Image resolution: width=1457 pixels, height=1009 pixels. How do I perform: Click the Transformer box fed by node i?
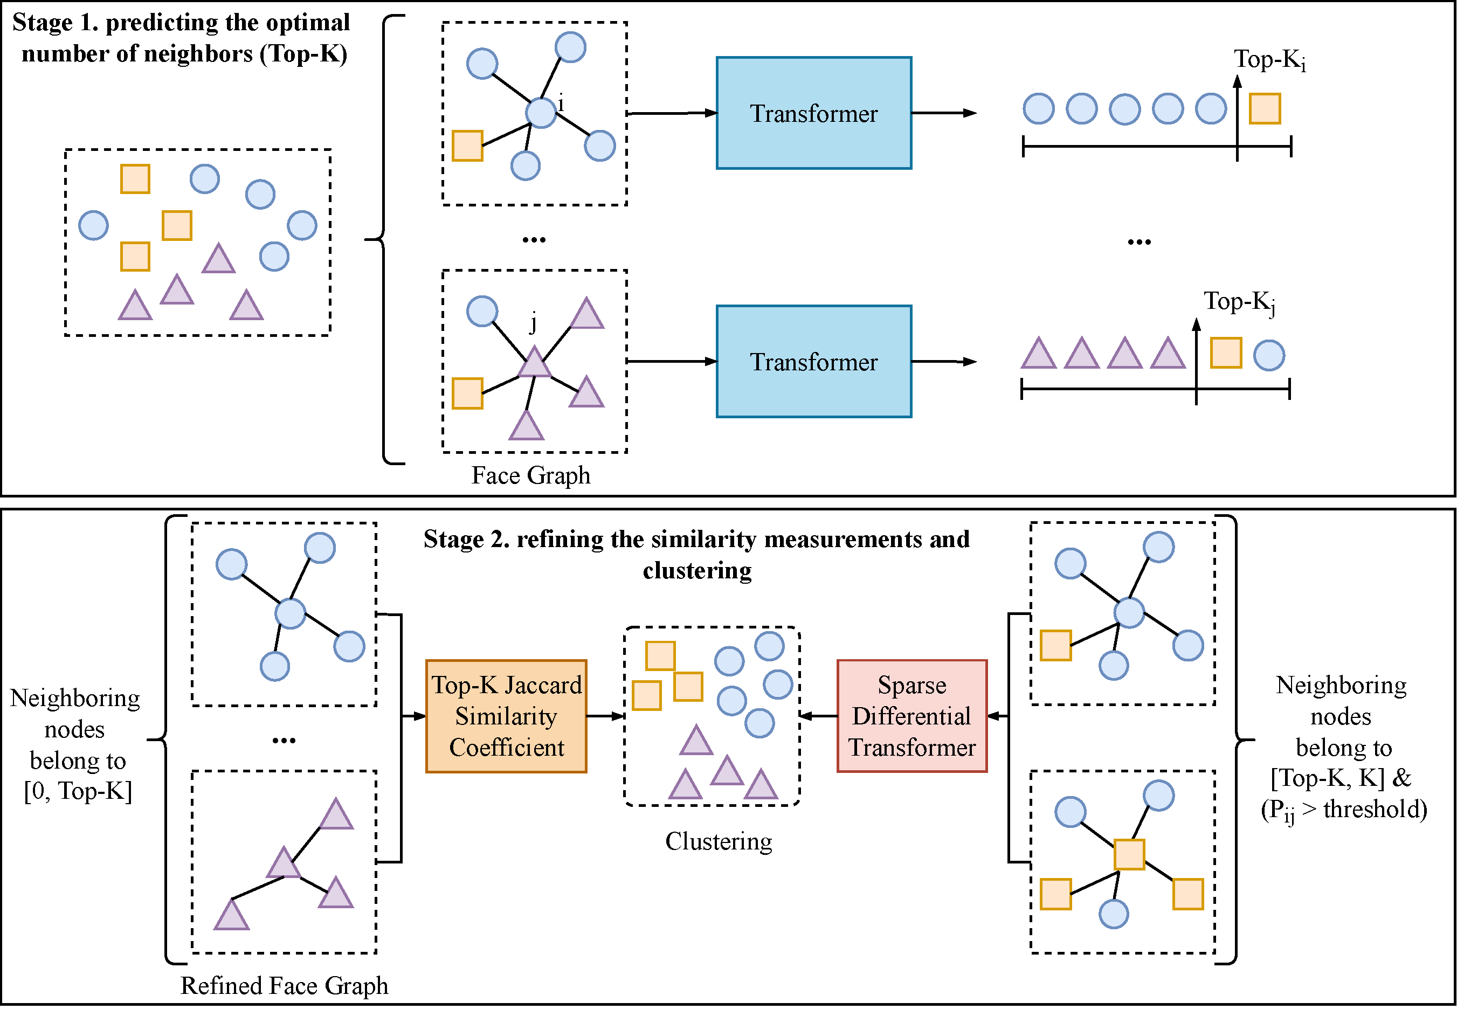[x=813, y=113]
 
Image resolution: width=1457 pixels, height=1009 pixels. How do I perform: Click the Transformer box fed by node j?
[x=813, y=362]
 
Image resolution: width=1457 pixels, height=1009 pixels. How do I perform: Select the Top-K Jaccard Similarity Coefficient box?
[x=506, y=716]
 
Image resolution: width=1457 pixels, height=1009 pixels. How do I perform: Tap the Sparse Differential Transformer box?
[x=912, y=716]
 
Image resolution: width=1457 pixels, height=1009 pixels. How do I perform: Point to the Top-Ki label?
[x=1269, y=60]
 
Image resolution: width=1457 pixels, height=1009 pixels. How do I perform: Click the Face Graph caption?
[x=531, y=475]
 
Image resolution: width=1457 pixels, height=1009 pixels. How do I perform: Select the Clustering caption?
[x=719, y=841]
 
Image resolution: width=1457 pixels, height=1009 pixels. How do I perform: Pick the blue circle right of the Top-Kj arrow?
[x=1269, y=355]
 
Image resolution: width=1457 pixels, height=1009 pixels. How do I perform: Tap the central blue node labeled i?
[x=541, y=113]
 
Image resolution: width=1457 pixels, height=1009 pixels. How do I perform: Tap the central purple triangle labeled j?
[x=535, y=363]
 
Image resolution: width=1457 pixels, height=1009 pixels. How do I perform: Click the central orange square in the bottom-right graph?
[x=1129, y=855]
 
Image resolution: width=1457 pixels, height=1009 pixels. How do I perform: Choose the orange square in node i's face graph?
[x=468, y=146]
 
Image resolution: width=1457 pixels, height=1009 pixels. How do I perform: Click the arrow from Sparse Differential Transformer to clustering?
[x=819, y=716]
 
